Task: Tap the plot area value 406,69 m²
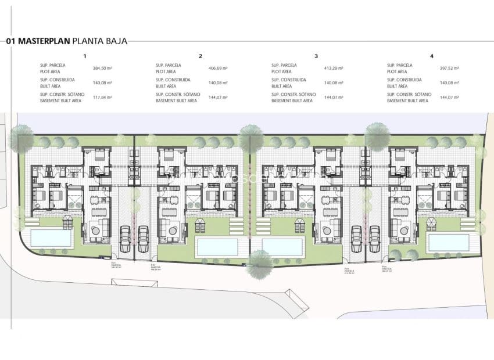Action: (x=217, y=68)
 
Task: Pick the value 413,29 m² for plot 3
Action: (x=333, y=68)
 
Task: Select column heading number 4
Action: (x=431, y=56)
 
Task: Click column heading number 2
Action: (x=200, y=56)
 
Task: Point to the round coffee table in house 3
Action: (x=327, y=231)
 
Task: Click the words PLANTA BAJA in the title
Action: (x=99, y=41)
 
